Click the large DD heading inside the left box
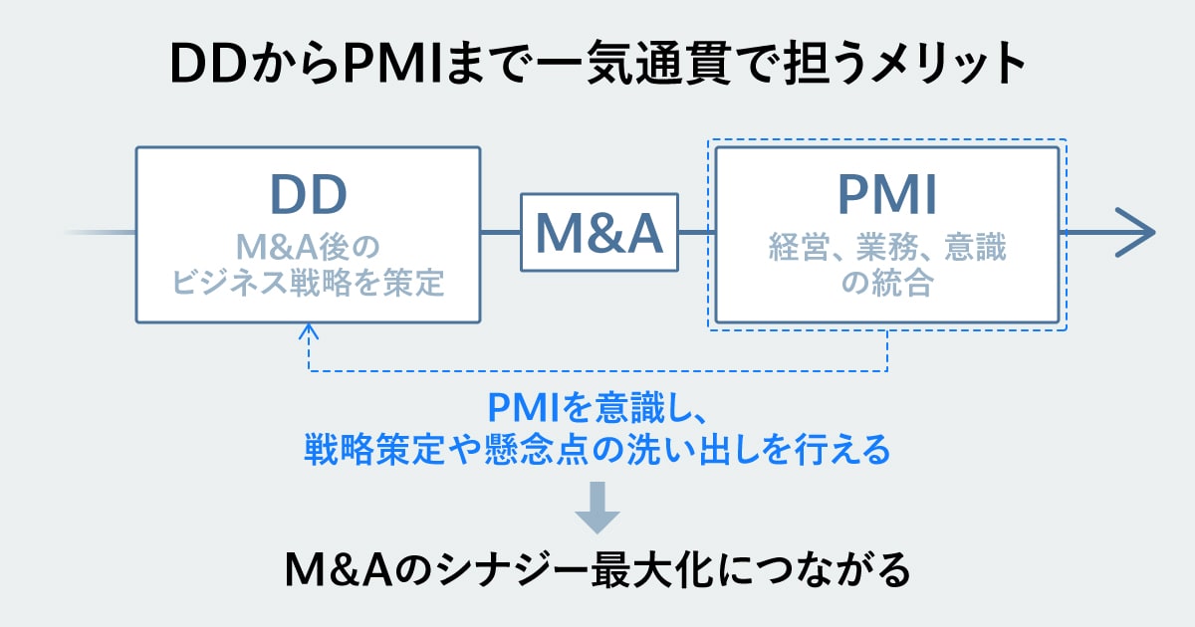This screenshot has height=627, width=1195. click(x=308, y=196)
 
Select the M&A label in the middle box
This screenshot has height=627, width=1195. click(x=598, y=232)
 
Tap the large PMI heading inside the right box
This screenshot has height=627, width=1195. click(x=886, y=196)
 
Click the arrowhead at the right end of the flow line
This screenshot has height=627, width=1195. click(x=1135, y=233)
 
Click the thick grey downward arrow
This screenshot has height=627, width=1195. click(x=597, y=508)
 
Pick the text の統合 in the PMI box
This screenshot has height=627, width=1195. click(x=886, y=285)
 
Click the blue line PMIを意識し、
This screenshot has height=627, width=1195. click(x=597, y=408)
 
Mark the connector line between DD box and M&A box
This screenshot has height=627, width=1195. click(x=501, y=233)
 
